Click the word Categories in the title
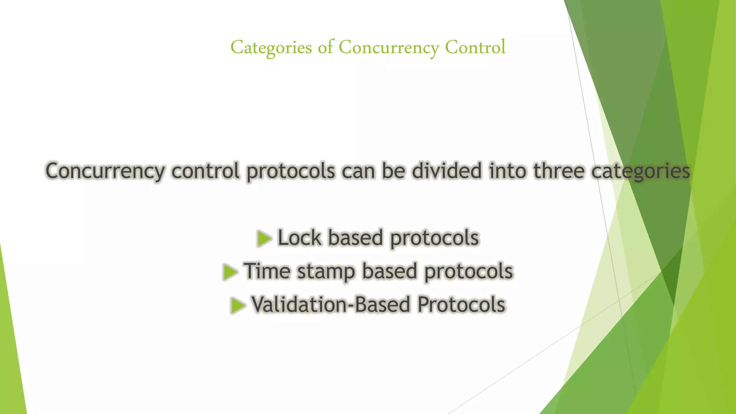pyautogui.click(x=271, y=48)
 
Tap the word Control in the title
pyautogui.click(x=475, y=47)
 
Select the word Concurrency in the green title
pyautogui.click(x=389, y=48)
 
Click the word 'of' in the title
pyautogui.click(x=326, y=47)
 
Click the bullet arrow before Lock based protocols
pyautogui.click(x=264, y=239)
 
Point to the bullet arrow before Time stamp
pyautogui.click(x=230, y=272)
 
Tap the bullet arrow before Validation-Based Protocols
pyautogui.click(x=238, y=305)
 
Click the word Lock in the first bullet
pyautogui.click(x=299, y=238)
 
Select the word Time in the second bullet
pyautogui.click(x=267, y=271)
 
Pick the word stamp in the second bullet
pyautogui.click(x=326, y=272)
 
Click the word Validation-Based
pyautogui.click(x=330, y=305)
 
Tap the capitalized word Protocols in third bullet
pyautogui.click(x=461, y=305)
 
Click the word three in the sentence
pyautogui.click(x=558, y=171)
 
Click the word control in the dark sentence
pyautogui.click(x=205, y=171)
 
